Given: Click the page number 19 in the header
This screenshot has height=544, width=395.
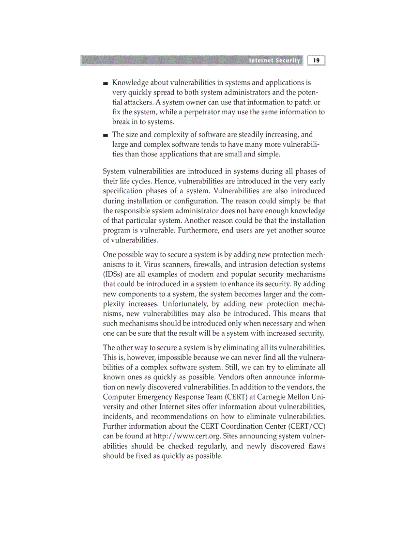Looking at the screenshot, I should (316, 61).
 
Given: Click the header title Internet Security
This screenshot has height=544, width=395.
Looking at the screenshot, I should (274, 61).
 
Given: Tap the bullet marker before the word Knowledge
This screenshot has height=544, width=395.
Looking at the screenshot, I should (106, 83).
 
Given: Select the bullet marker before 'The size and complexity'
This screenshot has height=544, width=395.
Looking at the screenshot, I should (106, 135).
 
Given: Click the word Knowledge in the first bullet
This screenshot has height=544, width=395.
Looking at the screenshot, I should (129, 83).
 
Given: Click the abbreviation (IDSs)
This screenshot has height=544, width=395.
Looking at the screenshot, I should (113, 274).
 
